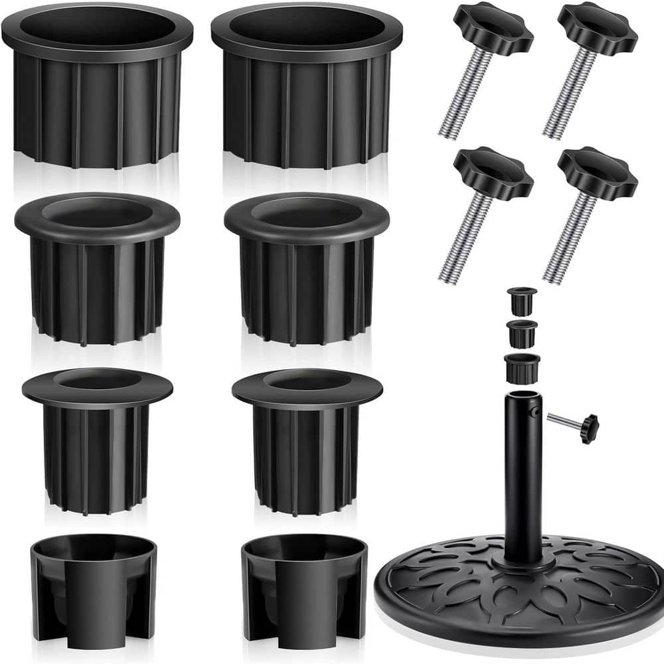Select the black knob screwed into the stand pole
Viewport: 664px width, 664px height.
(588, 428)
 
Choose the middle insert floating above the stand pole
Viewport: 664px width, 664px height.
(521, 333)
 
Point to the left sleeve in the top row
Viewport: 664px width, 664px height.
(97, 93)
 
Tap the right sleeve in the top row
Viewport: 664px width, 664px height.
(307, 93)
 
